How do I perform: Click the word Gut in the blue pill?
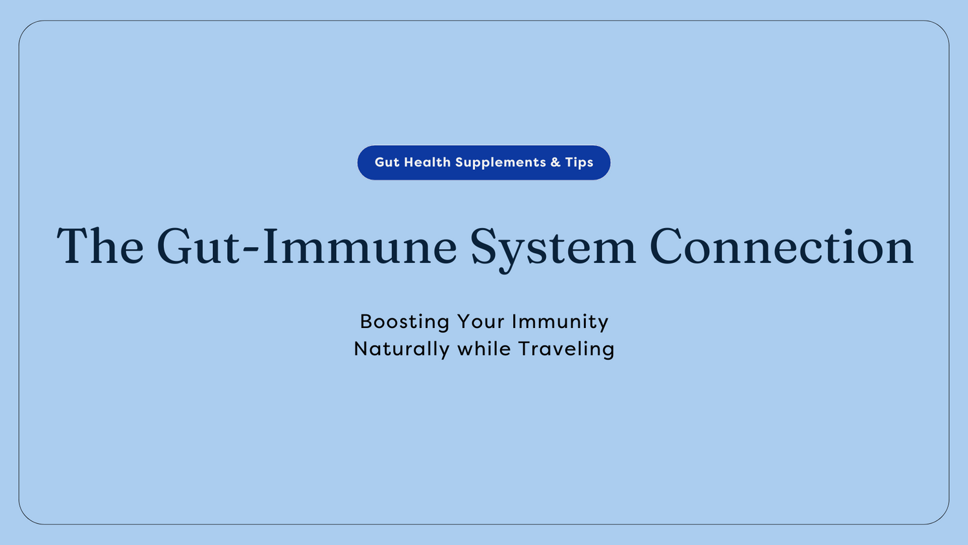pos(387,163)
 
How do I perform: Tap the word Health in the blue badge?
pos(427,163)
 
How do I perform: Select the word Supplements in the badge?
pos(501,163)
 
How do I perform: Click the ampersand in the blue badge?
pos(556,163)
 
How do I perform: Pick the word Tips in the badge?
pos(579,163)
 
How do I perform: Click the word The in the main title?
pos(100,247)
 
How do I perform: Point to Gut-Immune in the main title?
pos(307,247)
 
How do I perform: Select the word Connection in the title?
pos(781,247)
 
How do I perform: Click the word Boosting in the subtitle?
pos(405,322)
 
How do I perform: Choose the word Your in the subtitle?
pos(481,322)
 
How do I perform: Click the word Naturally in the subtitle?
pos(401,349)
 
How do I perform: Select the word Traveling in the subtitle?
pos(566,349)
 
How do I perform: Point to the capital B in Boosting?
pos(366,322)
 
